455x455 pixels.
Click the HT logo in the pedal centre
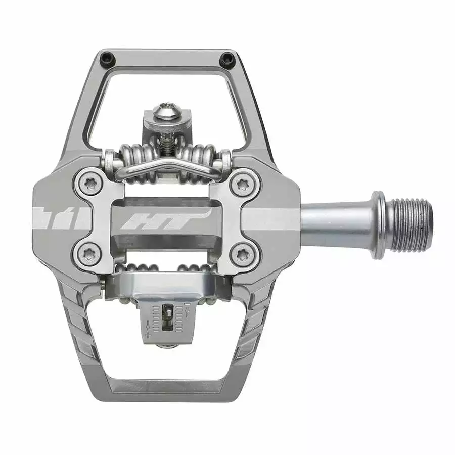point(165,218)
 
